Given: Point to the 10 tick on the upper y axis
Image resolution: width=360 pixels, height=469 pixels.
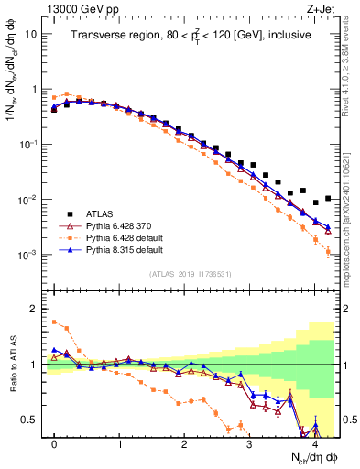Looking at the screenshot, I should [30, 34].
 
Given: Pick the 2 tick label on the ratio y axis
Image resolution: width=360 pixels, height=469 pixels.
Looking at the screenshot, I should [33, 309].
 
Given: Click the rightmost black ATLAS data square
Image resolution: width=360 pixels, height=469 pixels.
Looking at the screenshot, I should [327, 198].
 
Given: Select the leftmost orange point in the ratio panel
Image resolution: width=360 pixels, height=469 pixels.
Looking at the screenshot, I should [54, 322].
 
